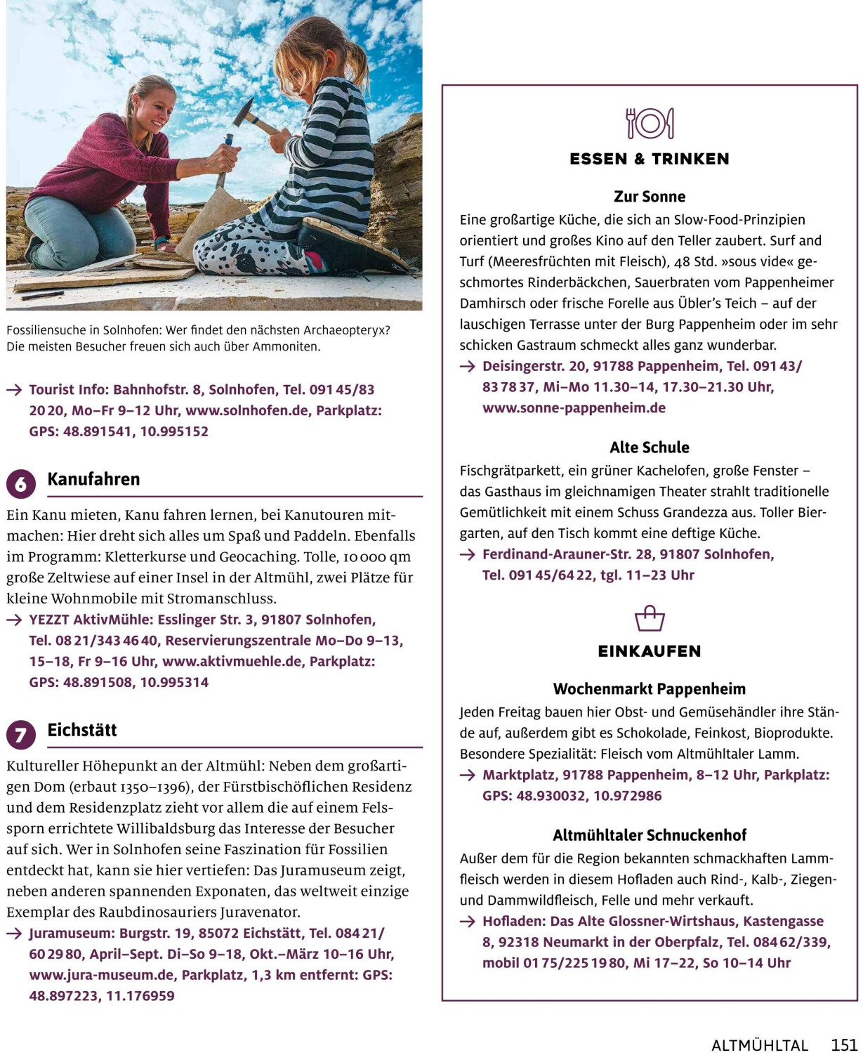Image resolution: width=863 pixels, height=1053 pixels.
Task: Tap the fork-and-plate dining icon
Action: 650,124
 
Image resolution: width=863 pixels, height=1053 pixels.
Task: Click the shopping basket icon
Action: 650,619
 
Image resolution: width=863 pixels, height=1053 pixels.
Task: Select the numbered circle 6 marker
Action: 21,484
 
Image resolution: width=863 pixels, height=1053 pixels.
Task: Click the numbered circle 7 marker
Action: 21,735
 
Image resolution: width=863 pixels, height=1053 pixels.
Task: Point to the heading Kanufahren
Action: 93,479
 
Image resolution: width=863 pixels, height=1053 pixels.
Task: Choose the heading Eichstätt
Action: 82,730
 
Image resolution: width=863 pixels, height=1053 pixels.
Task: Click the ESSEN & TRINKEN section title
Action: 650,159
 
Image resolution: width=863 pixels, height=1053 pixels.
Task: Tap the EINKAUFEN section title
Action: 650,652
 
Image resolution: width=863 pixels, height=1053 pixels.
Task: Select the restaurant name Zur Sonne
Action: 650,197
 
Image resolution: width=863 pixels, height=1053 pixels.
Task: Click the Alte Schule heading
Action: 650,447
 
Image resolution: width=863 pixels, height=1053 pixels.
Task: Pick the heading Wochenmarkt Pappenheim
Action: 650,689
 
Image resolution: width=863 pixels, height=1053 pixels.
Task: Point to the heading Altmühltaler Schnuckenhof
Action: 650,835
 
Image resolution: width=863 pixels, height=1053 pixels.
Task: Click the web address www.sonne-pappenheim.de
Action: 574,408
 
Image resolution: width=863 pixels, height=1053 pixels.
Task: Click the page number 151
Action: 845,1045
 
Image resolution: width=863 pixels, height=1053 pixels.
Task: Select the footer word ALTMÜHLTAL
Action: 760,1045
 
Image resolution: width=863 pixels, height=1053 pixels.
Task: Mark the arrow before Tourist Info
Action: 14,390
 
